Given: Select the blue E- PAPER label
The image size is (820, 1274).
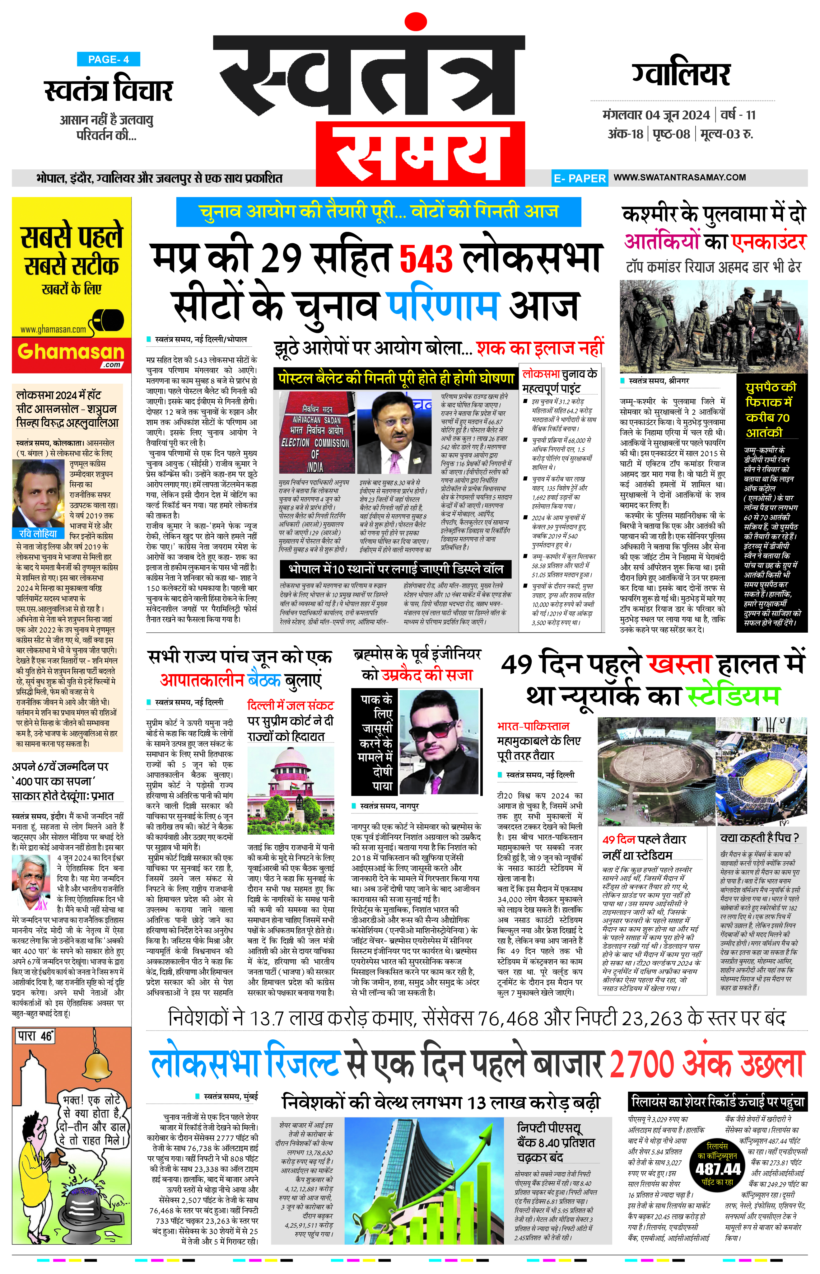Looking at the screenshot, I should (579, 178).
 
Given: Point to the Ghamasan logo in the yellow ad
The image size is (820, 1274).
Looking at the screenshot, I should (71, 353).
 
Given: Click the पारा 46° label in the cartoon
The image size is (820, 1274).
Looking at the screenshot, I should (35, 1036).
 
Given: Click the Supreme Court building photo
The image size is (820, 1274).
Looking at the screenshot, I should (291, 788).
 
